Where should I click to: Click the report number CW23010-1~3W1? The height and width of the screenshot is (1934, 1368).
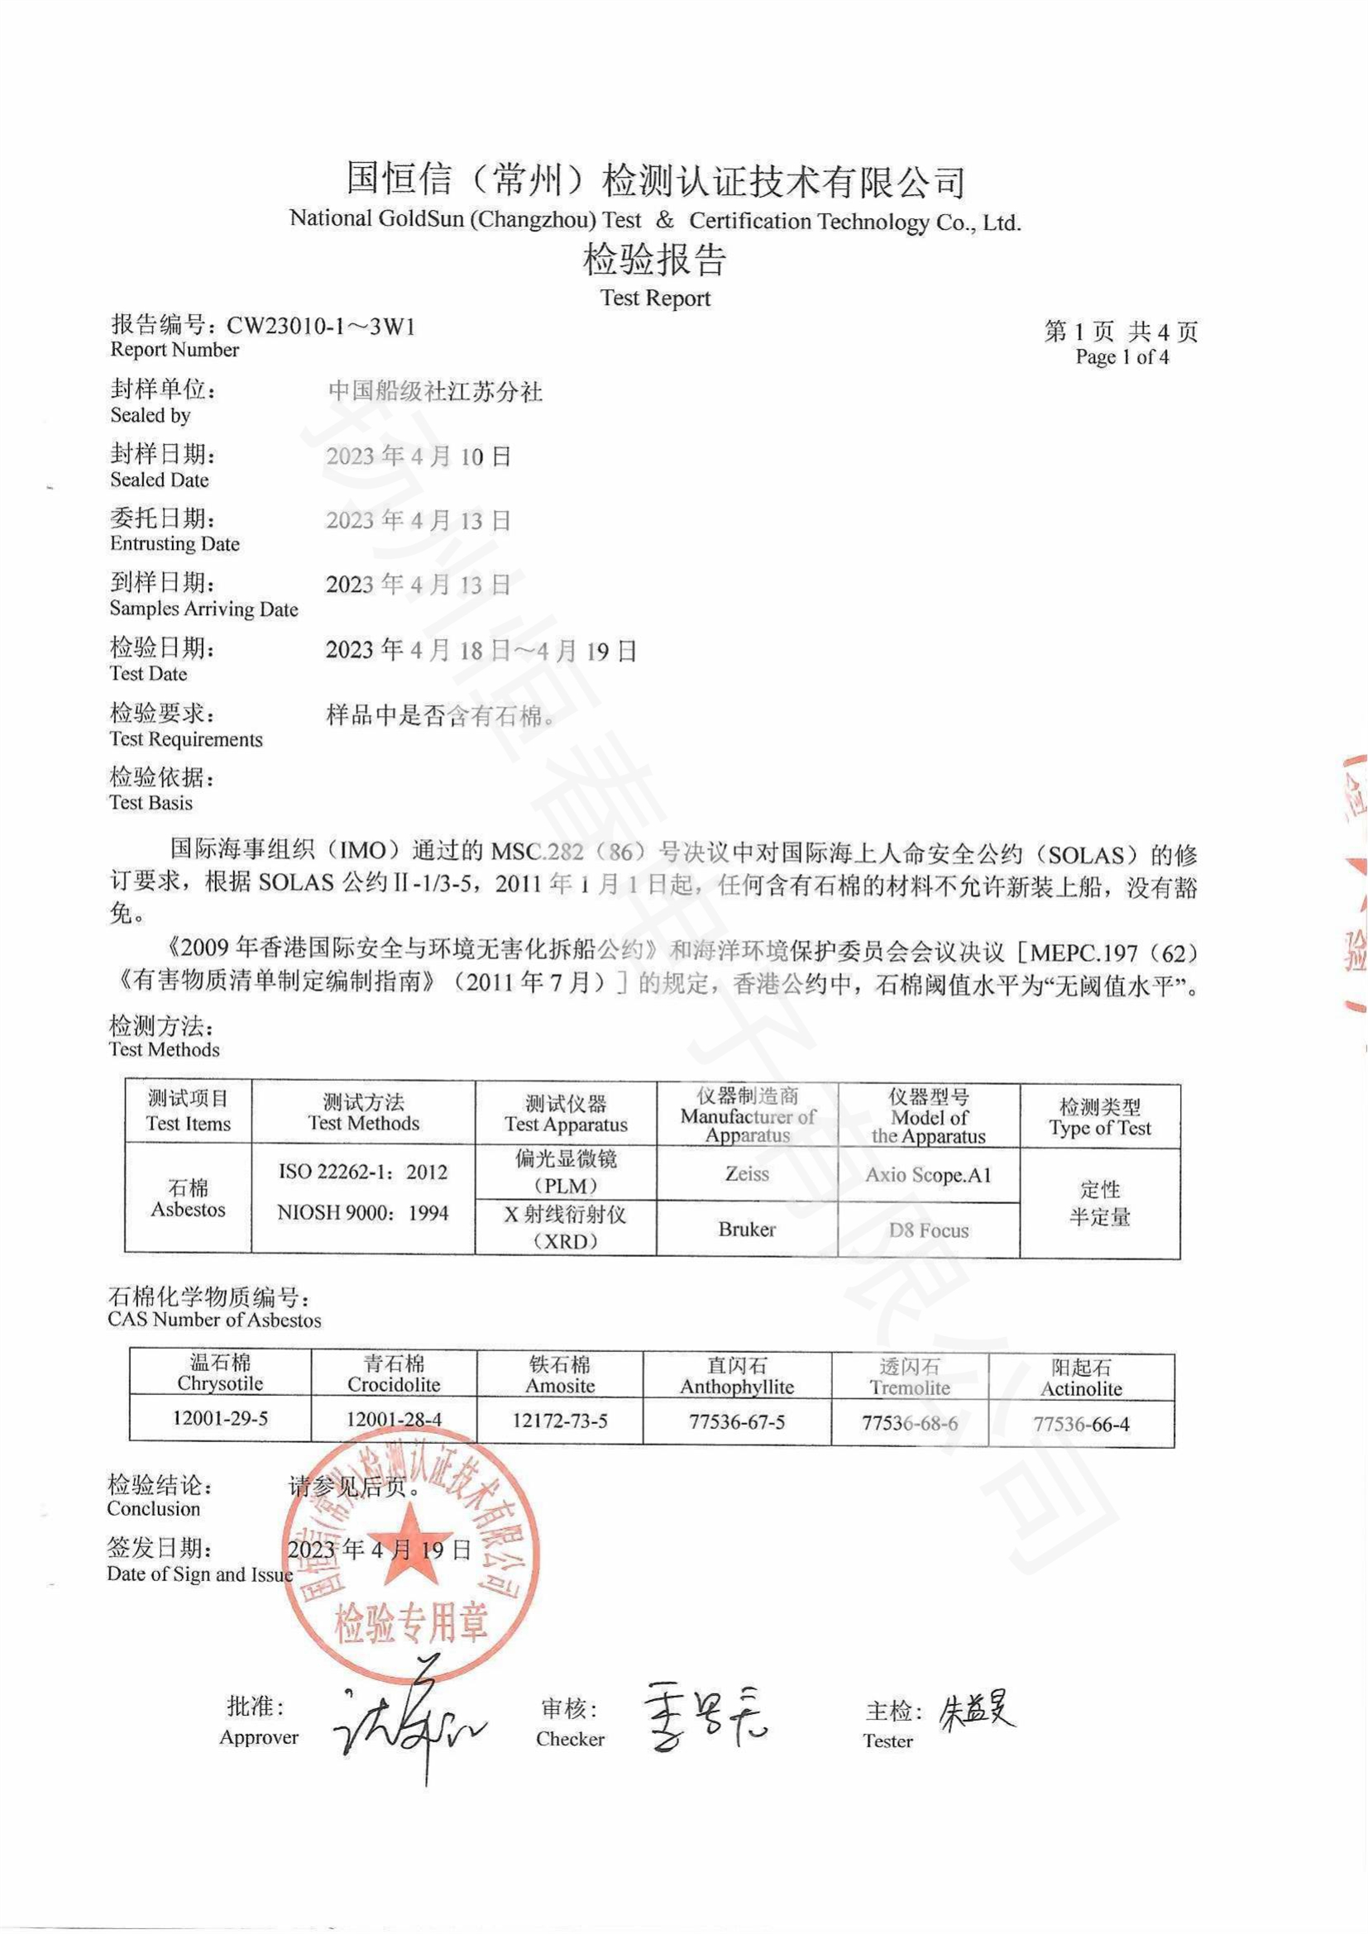(x=321, y=327)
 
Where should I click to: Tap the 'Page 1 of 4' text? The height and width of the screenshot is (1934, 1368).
(x=1122, y=356)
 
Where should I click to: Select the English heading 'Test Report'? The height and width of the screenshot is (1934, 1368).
(x=655, y=298)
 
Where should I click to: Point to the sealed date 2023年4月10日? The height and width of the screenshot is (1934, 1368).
(x=419, y=456)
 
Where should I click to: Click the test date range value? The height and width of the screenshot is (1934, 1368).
(x=481, y=650)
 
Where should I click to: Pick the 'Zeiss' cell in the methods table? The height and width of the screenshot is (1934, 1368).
(x=746, y=1173)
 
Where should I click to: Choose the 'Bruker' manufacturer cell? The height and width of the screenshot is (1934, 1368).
(x=746, y=1229)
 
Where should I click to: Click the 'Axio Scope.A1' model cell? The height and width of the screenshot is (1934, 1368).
(x=928, y=1174)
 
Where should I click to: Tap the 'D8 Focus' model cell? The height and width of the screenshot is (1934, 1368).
(x=928, y=1230)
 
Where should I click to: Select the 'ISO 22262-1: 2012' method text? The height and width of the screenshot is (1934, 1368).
(x=363, y=1172)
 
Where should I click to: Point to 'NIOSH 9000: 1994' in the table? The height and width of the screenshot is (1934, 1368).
(x=363, y=1213)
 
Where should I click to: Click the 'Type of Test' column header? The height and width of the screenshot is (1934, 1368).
(x=1099, y=1128)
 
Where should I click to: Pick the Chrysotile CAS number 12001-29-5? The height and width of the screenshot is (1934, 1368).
(x=220, y=1418)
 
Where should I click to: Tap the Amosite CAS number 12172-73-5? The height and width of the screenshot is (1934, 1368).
(x=559, y=1421)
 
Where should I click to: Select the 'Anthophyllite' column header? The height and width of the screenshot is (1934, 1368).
(x=737, y=1387)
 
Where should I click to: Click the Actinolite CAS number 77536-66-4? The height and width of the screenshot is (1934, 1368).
(x=1081, y=1425)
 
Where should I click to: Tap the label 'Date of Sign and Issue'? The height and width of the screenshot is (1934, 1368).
(x=199, y=1574)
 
